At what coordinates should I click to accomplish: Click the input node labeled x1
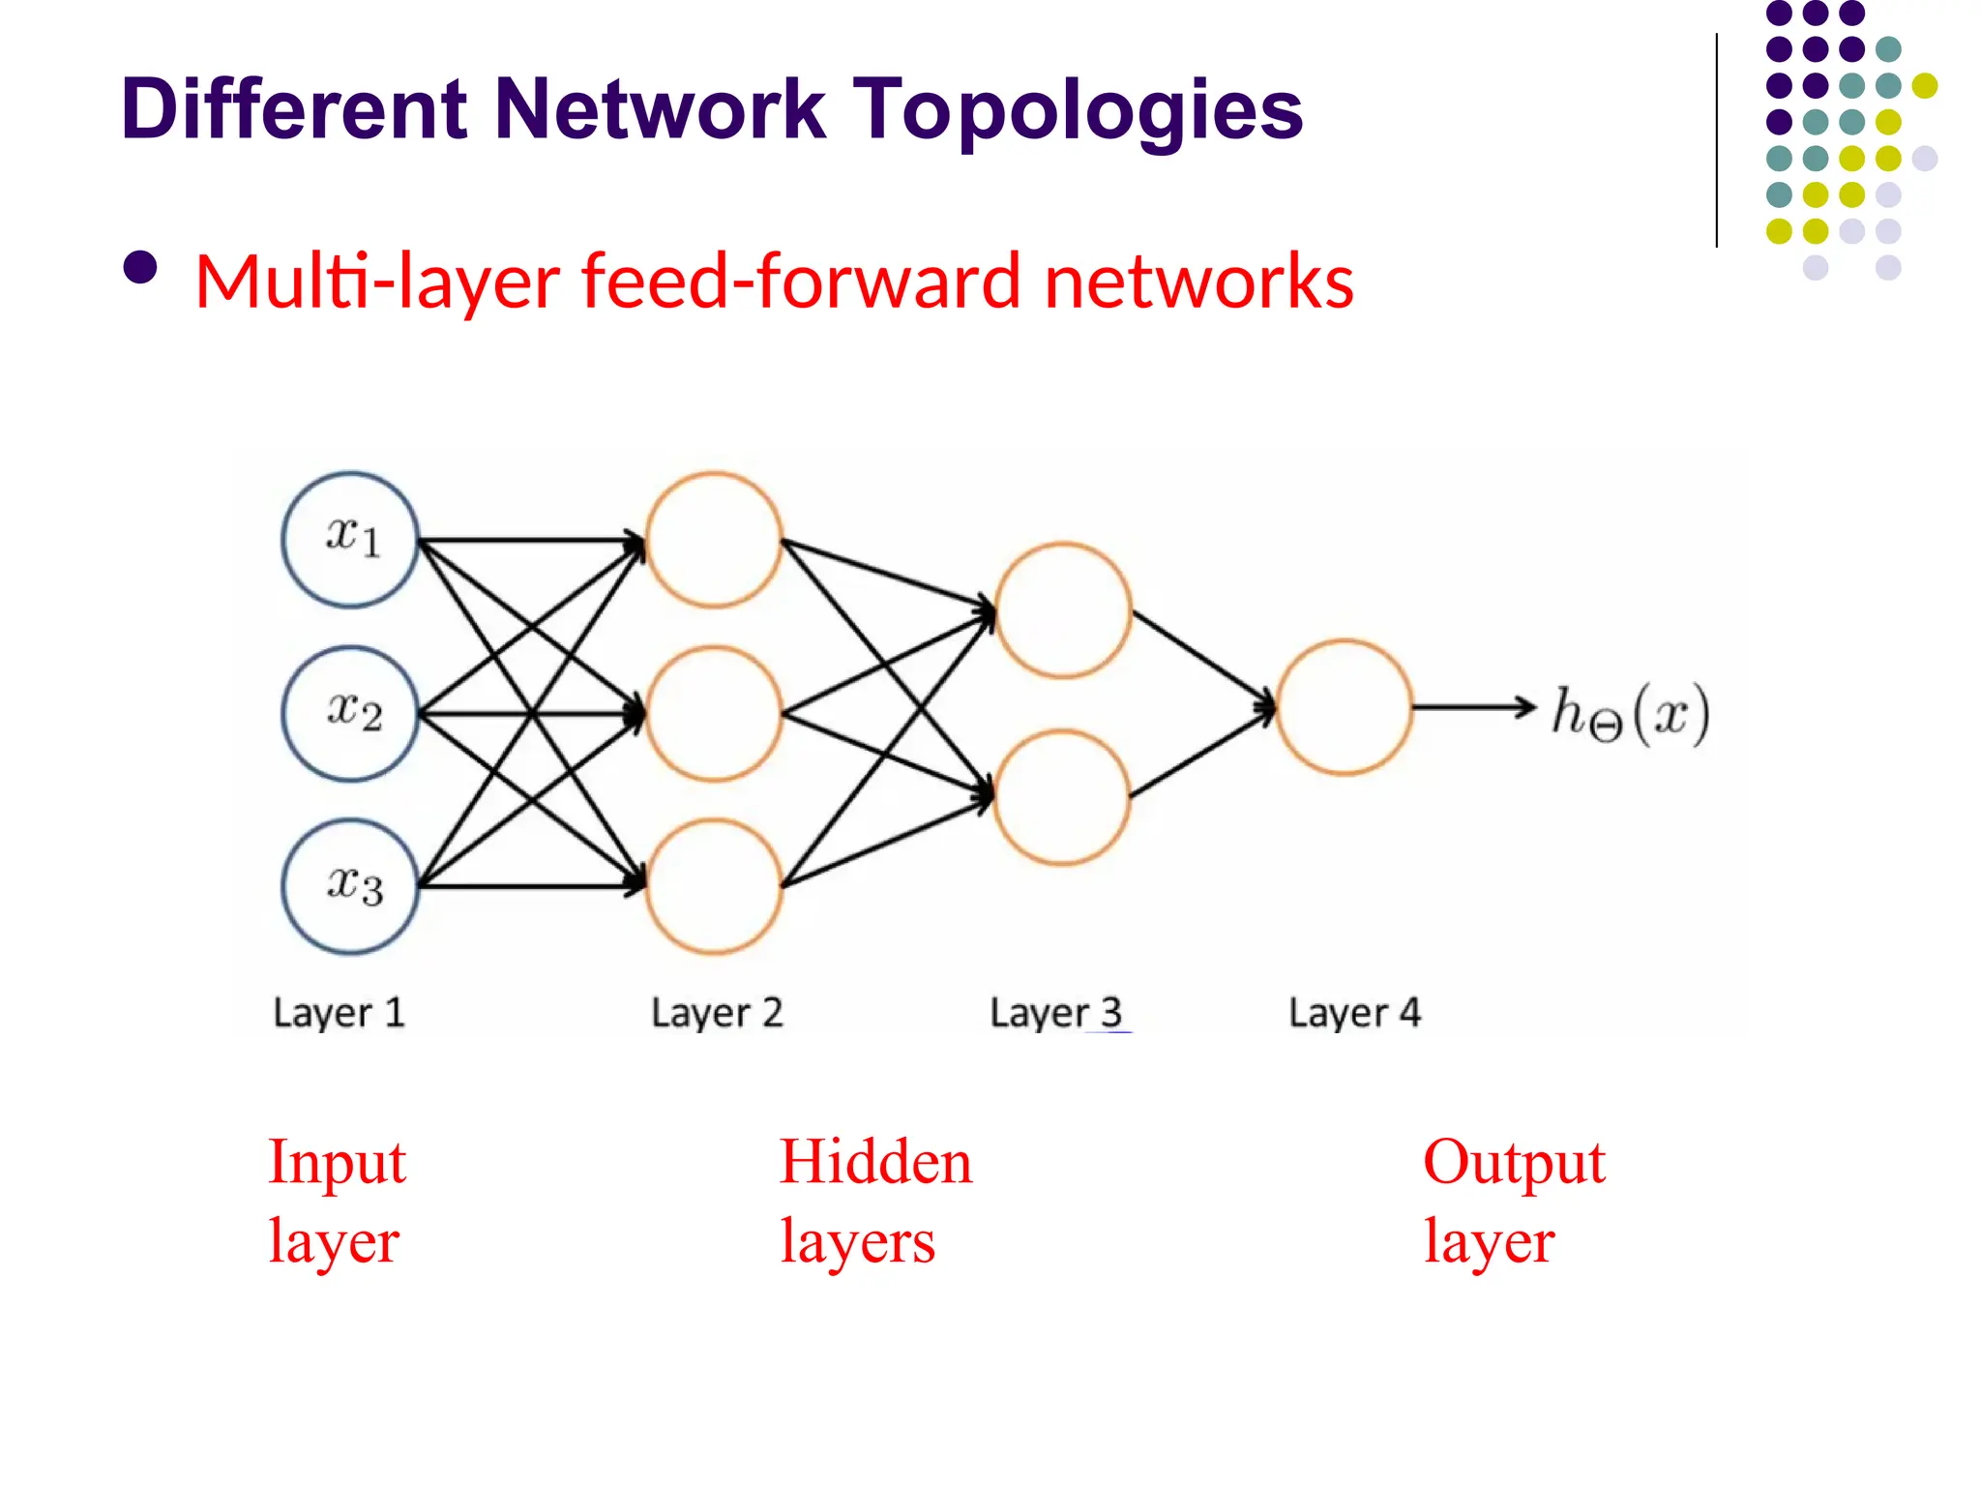[350, 539]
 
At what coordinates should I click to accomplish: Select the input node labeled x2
[350, 713]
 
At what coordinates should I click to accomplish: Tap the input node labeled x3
[350, 886]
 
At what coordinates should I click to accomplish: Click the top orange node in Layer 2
[714, 539]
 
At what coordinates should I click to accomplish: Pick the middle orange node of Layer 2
[714, 713]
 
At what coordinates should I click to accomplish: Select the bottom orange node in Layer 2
[714, 886]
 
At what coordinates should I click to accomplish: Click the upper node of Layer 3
[1063, 609]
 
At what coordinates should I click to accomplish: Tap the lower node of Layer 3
[1061, 796]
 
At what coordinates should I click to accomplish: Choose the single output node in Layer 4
[1344, 707]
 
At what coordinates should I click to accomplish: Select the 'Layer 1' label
[339, 1013]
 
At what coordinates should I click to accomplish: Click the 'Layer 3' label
[1055, 1013]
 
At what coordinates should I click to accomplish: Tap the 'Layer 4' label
[1354, 1013]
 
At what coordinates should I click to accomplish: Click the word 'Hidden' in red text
[875, 1162]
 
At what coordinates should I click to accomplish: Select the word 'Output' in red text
[1514, 1162]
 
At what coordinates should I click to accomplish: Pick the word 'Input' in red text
[337, 1162]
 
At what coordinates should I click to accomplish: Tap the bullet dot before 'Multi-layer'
[141, 268]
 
